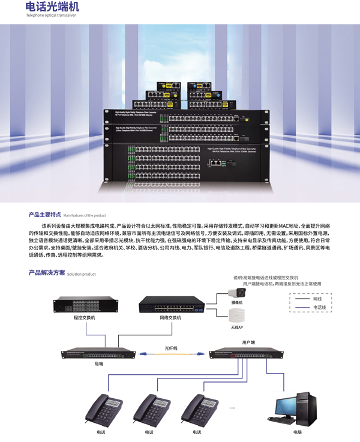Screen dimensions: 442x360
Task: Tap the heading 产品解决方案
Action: pos(47,273)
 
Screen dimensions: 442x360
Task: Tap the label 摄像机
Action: pos(236,303)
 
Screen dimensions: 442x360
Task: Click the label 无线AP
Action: pos(236,328)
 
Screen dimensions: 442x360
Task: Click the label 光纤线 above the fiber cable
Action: pos(171,347)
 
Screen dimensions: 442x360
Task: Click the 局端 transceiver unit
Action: pos(99,354)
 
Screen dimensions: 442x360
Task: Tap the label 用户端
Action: pos(248,342)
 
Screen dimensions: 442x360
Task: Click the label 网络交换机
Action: pos(170,317)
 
